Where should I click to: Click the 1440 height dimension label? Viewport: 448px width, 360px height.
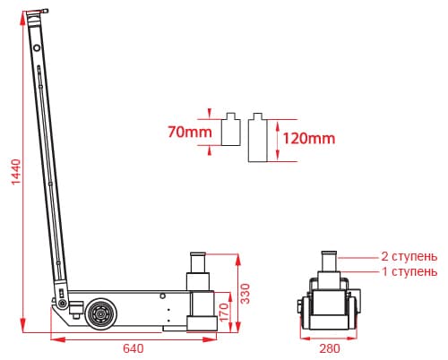[x=16, y=172]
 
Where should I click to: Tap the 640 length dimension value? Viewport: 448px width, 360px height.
[x=134, y=348]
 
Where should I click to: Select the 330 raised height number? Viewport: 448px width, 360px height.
[x=246, y=294]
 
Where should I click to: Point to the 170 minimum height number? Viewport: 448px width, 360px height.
[x=224, y=313]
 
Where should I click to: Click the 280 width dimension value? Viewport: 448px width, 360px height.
[x=330, y=348]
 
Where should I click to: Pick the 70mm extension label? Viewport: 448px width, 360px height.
[x=190, y=132]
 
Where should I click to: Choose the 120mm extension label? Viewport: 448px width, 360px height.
[x=309, y=139]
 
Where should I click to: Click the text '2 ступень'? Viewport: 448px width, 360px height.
[x=409, y=256]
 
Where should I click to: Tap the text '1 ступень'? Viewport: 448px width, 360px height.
[x=409, y=271]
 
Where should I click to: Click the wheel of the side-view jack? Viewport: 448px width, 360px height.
[x=101, y=314]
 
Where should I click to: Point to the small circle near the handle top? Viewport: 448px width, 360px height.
[x=37, y=47]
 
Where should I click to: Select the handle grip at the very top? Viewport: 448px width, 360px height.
[x=37, y=12]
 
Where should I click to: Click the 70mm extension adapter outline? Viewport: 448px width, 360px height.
[x=231, y=129]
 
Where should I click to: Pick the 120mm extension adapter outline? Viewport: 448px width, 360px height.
[x=257, y=138]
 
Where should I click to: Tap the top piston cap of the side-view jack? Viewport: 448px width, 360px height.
[x=198, y=254]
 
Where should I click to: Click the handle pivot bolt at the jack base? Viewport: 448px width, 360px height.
[x=63, y=304]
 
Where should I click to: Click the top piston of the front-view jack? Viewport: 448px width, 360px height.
[x=329, y=261]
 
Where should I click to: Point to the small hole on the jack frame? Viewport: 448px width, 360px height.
[x=162, y=296]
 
